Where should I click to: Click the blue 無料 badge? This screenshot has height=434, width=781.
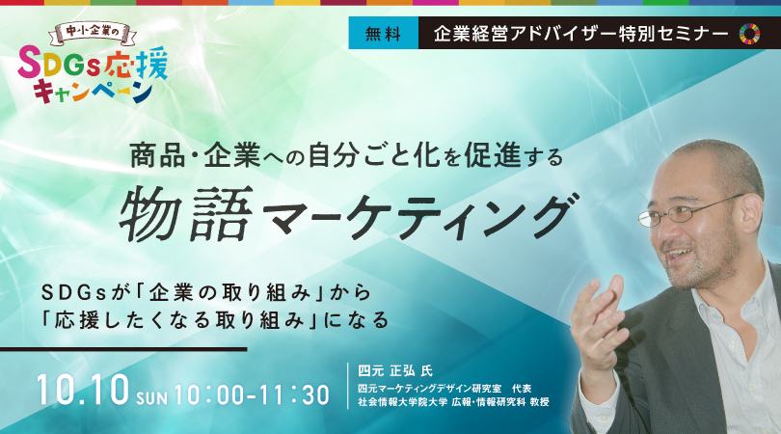(x=383, y=33)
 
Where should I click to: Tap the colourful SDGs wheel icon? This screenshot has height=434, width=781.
(x=749, y=33)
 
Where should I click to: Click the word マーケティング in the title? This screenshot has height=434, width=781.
(x=417, y=217)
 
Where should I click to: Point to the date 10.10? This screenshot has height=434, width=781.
(x=83, y=390)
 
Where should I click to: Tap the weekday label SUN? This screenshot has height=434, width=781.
(x=152, y=397)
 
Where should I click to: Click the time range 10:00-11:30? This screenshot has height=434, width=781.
(x=252, y=394)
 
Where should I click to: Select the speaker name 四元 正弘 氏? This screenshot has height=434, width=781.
(x=395, y=370)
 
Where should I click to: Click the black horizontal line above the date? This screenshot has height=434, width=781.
(x=123, y=349)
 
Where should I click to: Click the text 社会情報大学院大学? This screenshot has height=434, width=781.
(x=402, y=402)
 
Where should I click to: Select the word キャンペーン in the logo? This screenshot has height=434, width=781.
(x=94, y=93)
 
